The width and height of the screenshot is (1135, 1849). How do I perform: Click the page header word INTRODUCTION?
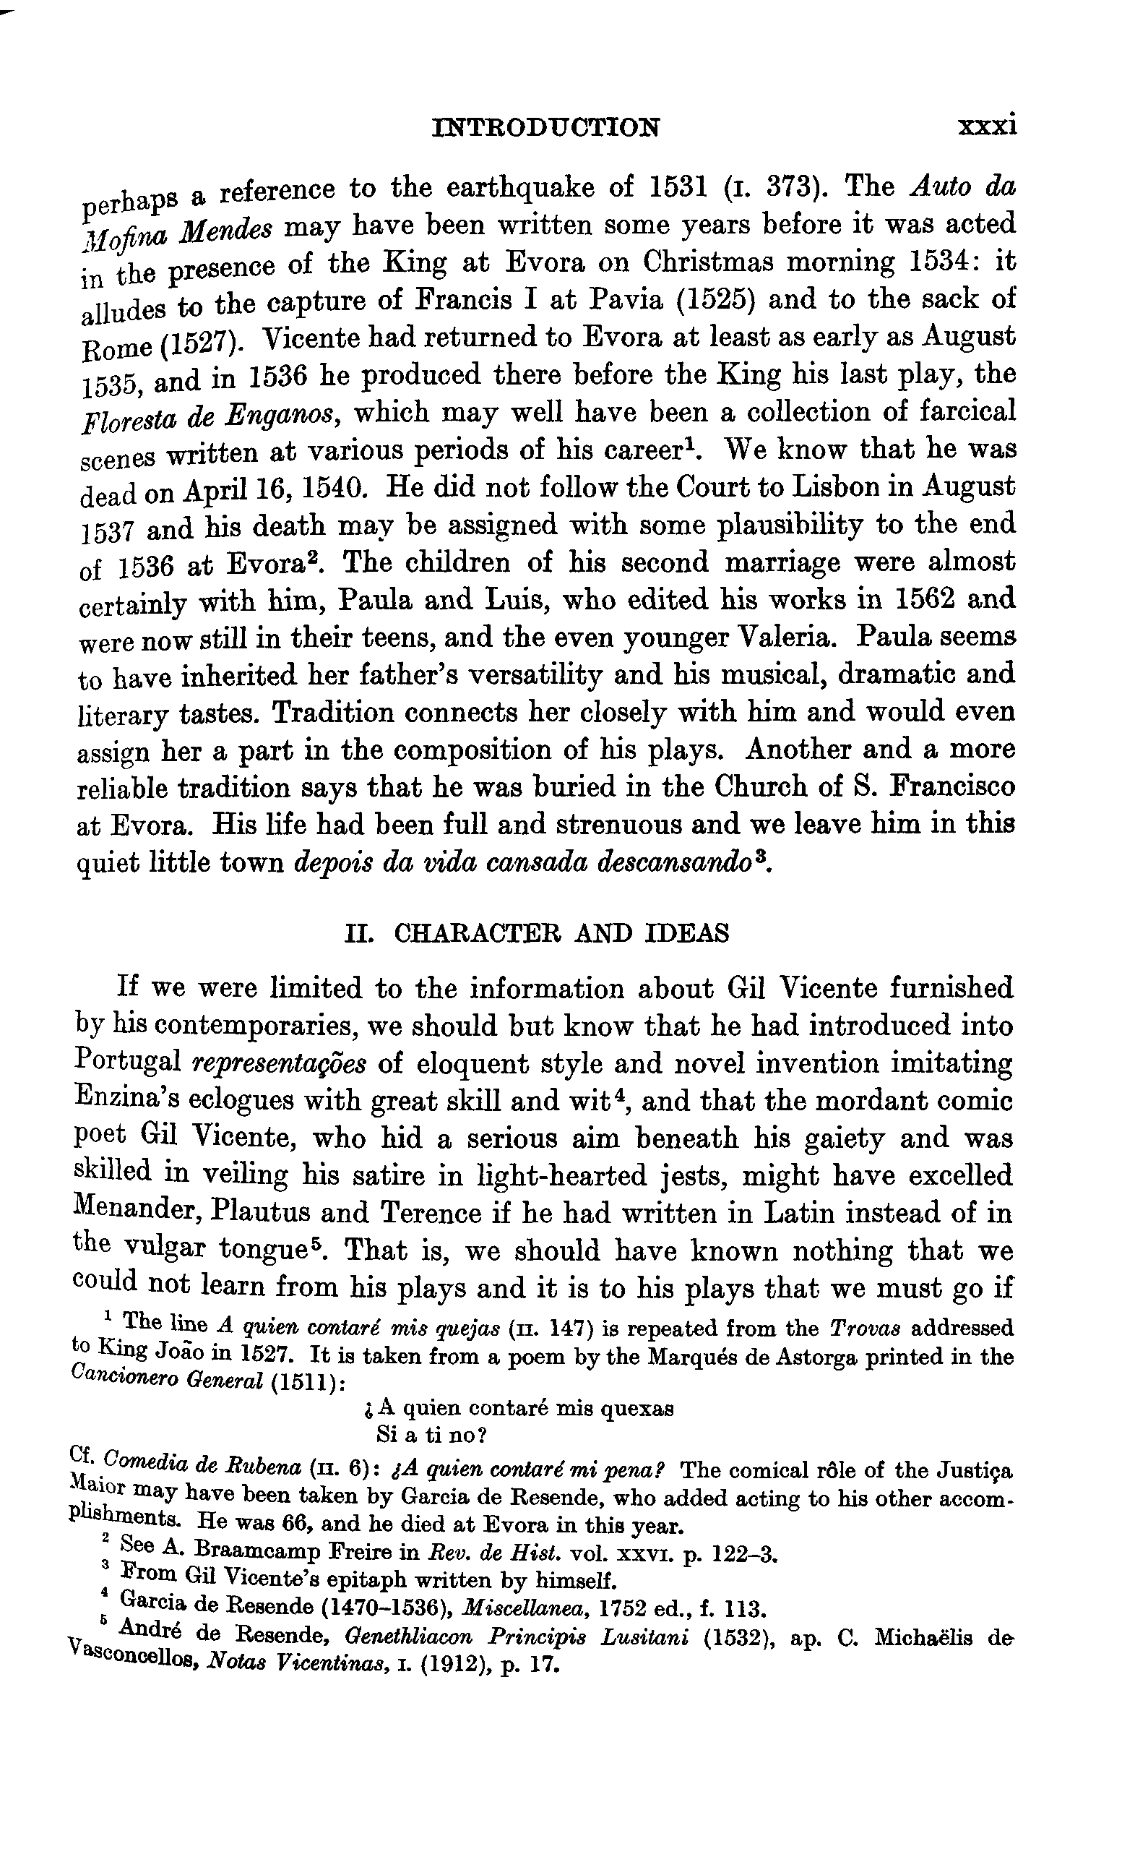tap(546, 128)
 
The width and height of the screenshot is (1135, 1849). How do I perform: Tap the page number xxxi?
tap(986, 124)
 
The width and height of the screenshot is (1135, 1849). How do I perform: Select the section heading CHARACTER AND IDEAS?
tap(561, 933)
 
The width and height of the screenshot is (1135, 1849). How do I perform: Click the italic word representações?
tap(280, 1064)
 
